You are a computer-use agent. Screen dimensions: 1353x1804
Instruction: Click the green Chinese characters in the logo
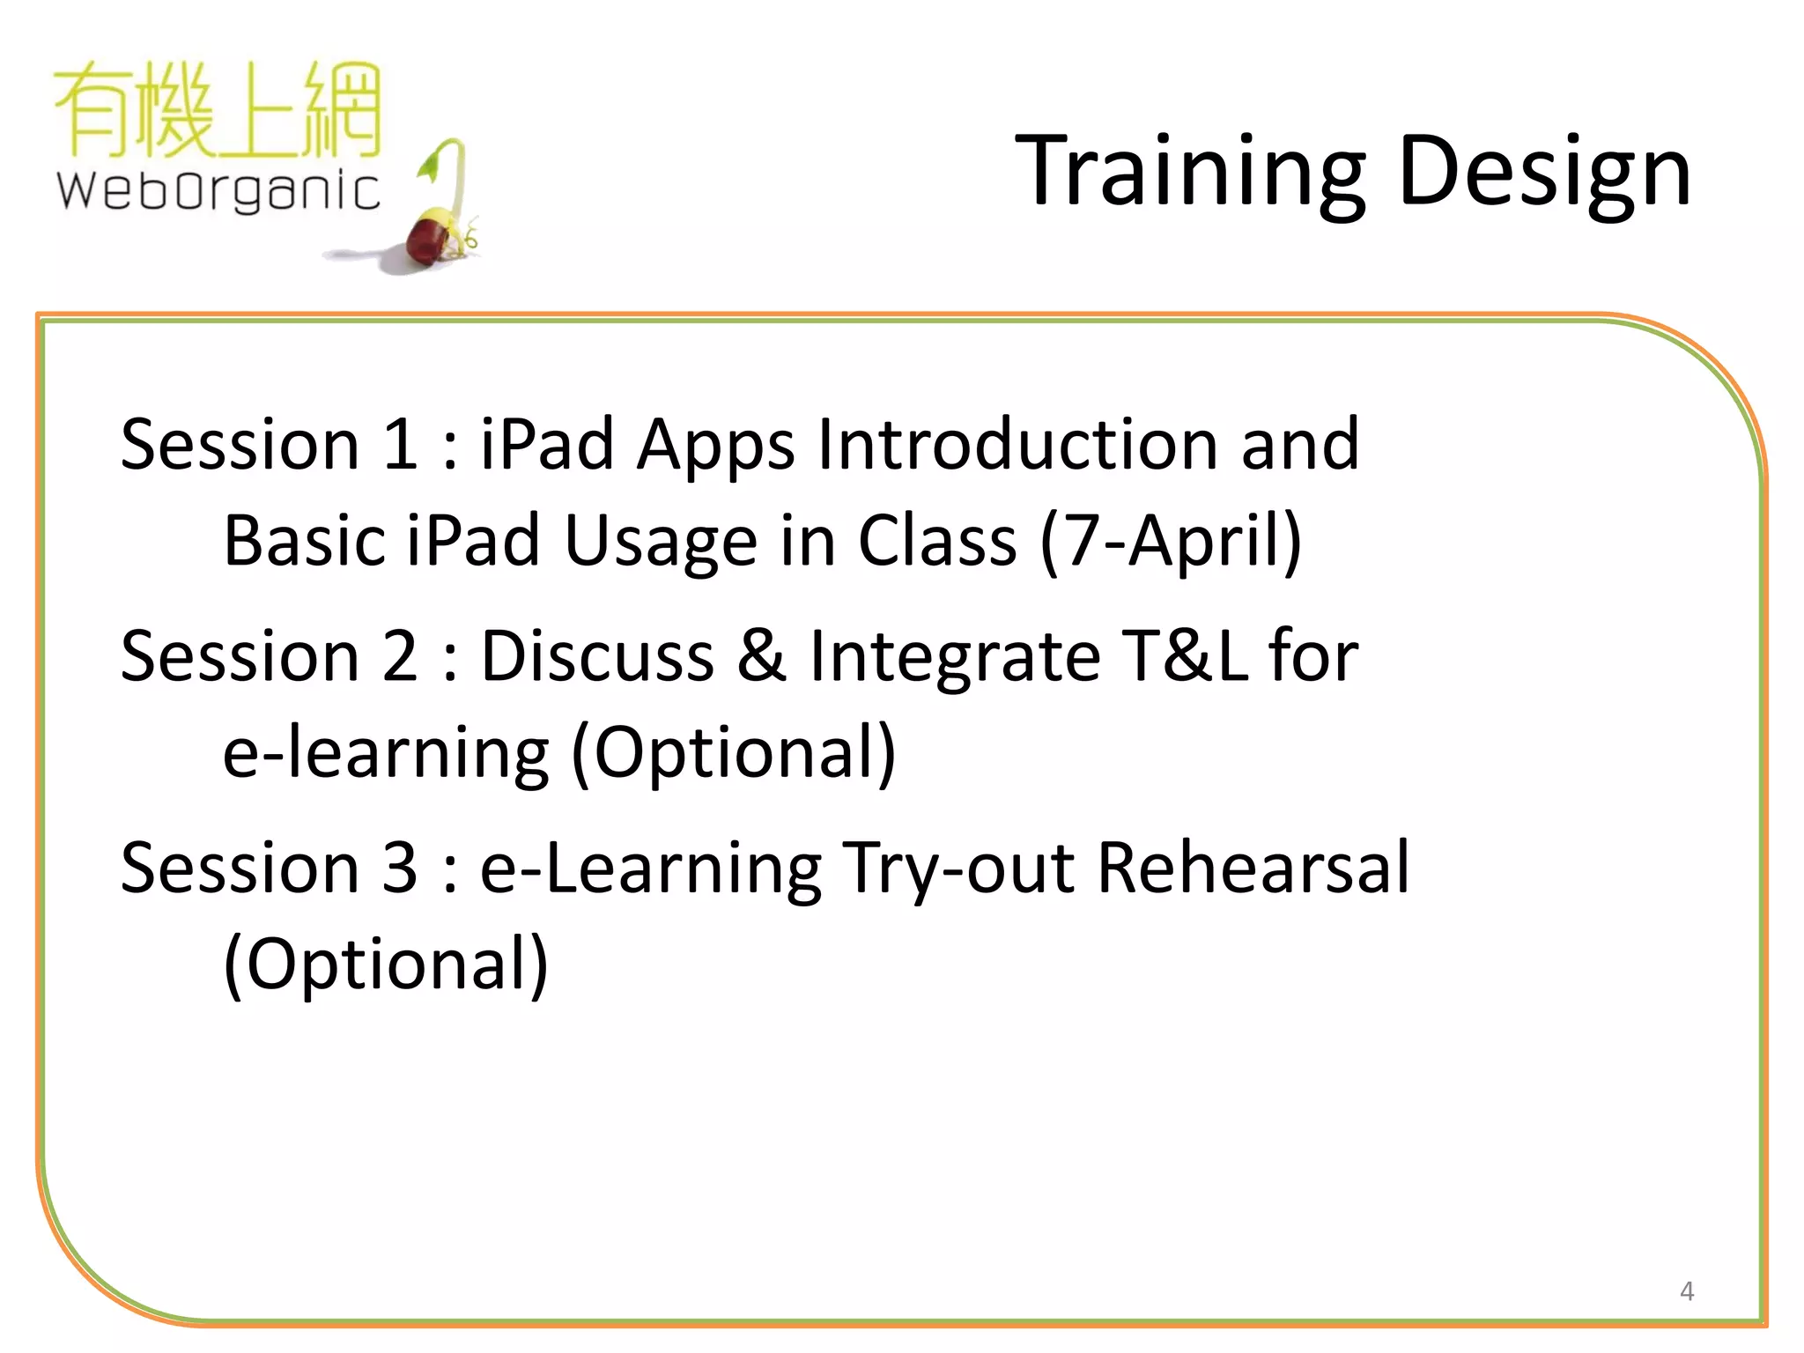(x=218, y=109)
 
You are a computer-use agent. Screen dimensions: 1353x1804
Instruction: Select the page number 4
(x=1686, y=1291)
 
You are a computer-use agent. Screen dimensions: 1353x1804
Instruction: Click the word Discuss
(x=596, y=656)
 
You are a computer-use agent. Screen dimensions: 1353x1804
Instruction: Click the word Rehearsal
(x=1253, y=868)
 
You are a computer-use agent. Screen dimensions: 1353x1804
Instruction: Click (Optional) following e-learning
(x=734, y=754)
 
